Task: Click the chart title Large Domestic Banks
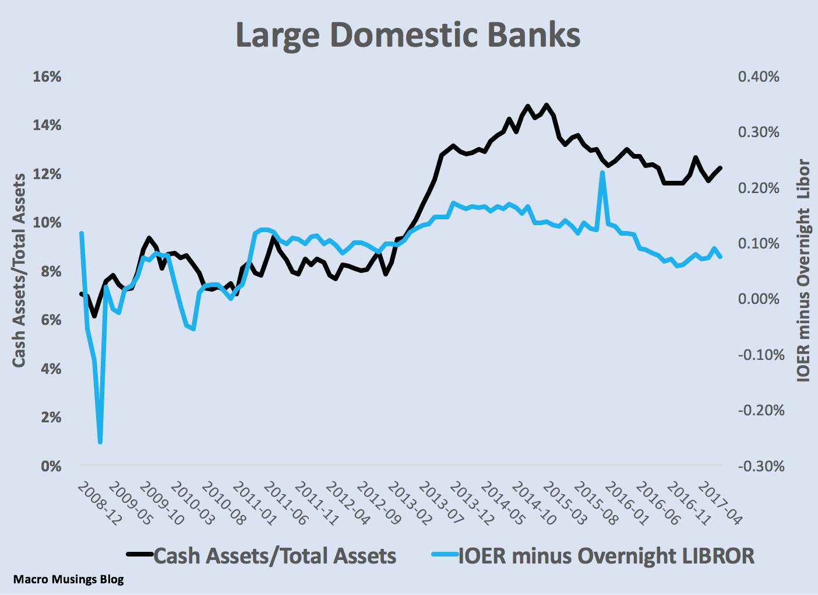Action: coord(408,35)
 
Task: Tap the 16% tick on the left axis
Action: coord(47,77)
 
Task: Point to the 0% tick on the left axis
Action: coord(50,466)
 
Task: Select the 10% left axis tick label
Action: coord(47,223)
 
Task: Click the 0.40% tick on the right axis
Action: coord(758,77)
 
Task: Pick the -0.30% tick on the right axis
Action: coord(761,466)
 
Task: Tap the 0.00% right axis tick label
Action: coord(758,299)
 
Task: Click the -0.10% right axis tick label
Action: coord(761,355)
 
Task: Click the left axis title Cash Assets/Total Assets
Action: coord(19,271)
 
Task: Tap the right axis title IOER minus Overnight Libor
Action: coord(803,271)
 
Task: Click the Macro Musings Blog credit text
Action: coord(68,579)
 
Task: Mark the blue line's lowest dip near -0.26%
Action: coord(100,442)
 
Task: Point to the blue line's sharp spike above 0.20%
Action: coord(602,173)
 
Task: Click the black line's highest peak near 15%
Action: coord(546,106)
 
